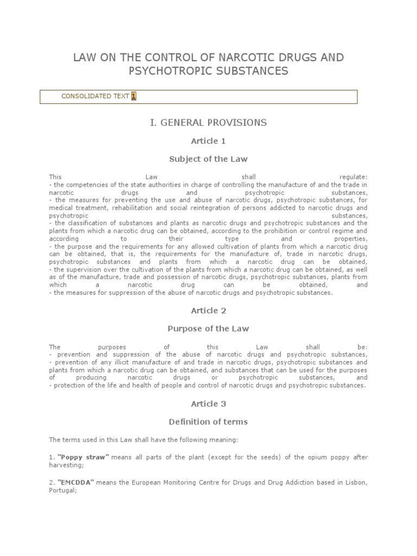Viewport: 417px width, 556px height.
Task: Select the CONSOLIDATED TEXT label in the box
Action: pos(95,97)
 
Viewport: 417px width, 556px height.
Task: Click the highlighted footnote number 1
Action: pos(134,97)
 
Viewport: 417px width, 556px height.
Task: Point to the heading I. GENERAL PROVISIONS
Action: pos(208,123)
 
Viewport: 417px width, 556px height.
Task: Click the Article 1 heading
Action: pos(208,141)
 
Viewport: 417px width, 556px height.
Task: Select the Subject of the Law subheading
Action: pos(208,159)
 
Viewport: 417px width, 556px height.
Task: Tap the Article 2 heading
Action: pos(208,311)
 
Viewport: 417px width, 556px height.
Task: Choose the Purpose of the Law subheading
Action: pos(208,329)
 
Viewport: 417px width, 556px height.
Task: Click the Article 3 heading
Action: pos(208,404)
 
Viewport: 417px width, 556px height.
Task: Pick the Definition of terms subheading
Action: pos(208,422)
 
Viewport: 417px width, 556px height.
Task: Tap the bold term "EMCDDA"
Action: pos(76,483)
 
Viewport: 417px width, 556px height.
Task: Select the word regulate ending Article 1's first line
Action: pos(353,177)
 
